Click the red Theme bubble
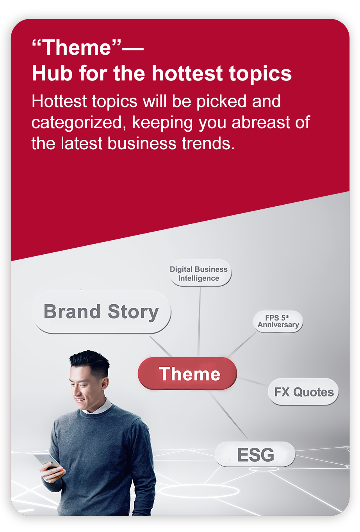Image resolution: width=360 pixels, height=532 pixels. [x=187, y=373]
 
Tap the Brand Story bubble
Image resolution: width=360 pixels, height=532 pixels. [x=102, y=312]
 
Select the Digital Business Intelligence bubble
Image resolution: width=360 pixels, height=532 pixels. [x=200, y=273]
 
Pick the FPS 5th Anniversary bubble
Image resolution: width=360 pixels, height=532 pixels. [x=278, y=321]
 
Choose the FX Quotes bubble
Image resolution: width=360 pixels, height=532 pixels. [x=303, y=392]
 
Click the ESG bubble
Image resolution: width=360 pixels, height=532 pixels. [x=255, y=454]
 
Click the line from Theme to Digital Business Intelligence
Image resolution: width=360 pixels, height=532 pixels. [x=199, y=322]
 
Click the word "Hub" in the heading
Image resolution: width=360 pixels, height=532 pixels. [x=52, y=73]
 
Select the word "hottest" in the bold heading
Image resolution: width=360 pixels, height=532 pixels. [x=187, y=73]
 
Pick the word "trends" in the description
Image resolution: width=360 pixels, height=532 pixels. [x=208, y=143]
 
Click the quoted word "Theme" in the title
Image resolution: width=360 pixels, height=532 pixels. [x=77, y=48]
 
